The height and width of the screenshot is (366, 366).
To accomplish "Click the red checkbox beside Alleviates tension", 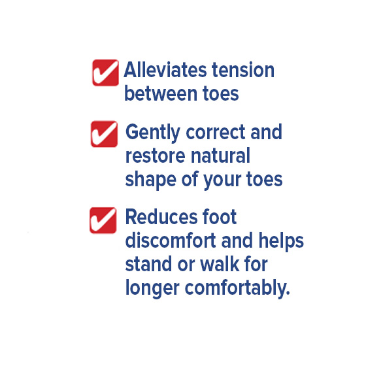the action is click(105, 73).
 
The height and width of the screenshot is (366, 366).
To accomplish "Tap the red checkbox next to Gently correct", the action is click(104, 134).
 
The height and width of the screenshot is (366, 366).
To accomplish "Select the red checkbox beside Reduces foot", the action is click(103, 220).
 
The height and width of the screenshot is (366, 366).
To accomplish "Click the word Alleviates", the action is click(165, 70).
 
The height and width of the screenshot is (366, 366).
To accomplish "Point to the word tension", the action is click(242, 70).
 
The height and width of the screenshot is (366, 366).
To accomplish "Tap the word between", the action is click(161, 93).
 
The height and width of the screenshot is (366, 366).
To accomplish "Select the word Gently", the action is click(153, 133).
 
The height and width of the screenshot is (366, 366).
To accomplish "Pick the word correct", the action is click(216, 133).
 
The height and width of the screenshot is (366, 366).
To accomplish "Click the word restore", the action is click(156, 156).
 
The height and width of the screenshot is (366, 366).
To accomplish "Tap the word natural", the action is click(221, 156).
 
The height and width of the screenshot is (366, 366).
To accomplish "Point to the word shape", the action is click(150, 180).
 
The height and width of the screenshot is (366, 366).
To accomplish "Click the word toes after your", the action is click(265, 180).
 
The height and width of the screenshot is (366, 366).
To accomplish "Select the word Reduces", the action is click(162, 217).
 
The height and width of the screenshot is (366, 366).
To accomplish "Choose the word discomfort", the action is click(171, 241).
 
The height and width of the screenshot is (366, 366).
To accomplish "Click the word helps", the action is click(281, 242).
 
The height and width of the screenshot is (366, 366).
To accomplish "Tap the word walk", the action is click(220, 264).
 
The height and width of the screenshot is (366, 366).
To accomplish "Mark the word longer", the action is click(152, 289).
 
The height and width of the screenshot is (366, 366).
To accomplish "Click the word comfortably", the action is click(237, 289).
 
